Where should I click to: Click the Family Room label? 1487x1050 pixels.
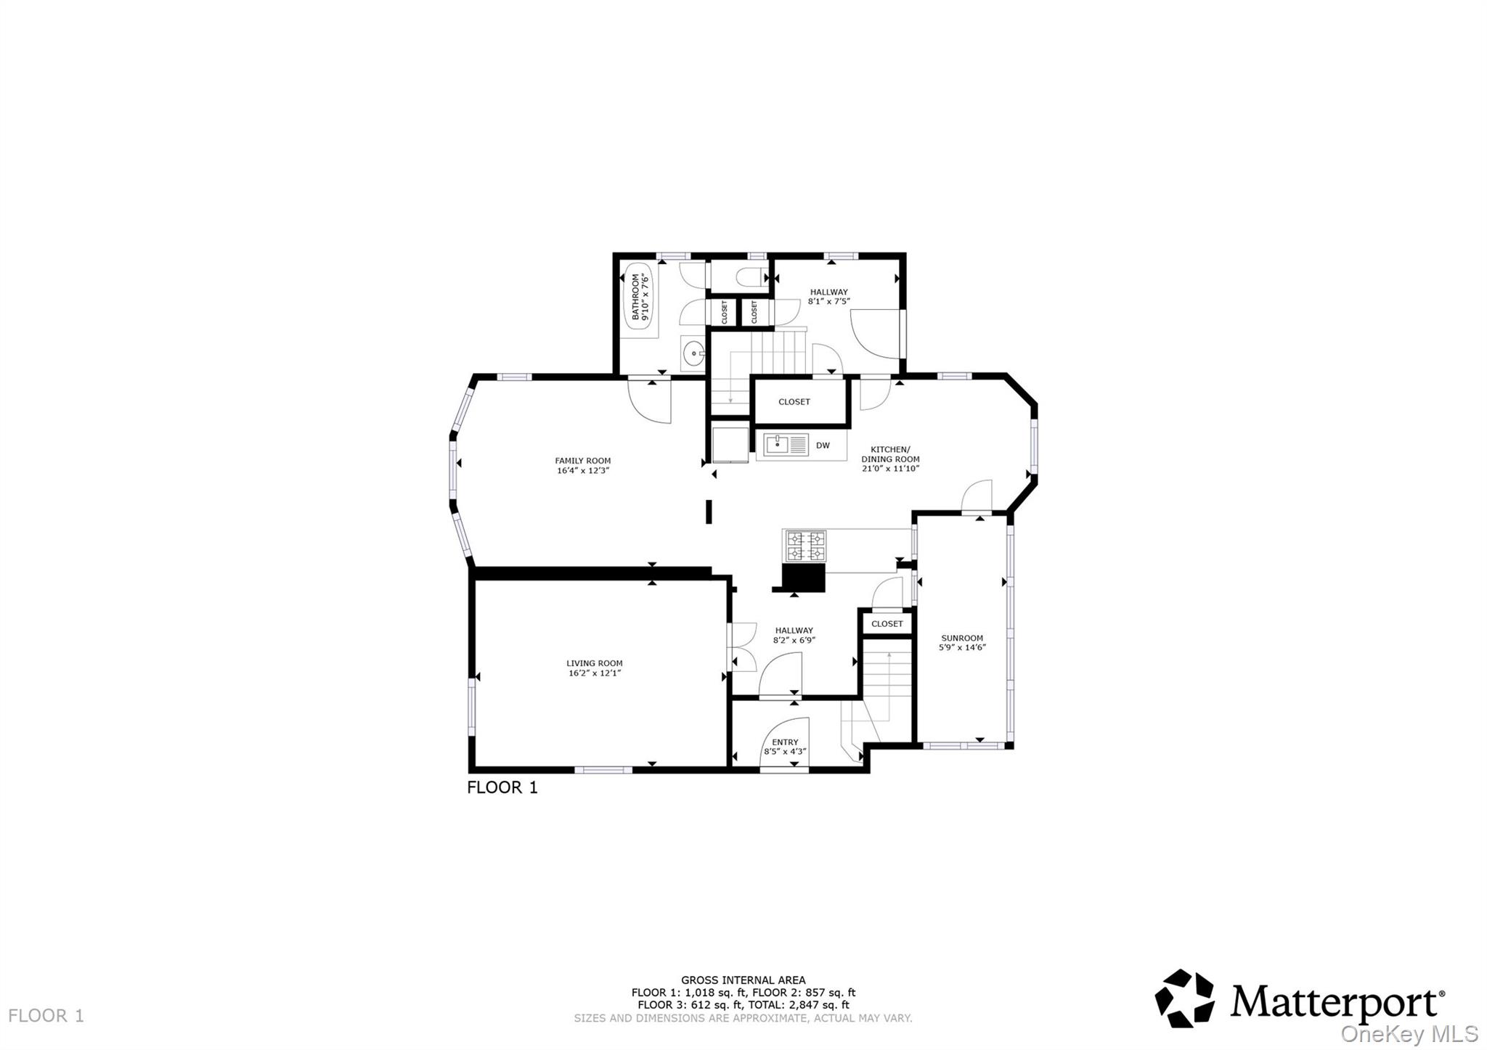[583, 461]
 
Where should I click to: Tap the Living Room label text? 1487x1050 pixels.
[595, 663]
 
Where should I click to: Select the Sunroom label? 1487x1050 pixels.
[962, 639]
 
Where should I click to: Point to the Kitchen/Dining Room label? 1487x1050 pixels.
[890, 454]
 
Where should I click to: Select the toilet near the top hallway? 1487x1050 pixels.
[748, 277]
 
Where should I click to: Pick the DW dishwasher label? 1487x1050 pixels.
[823, 446]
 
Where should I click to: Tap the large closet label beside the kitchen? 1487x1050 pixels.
[794, 402]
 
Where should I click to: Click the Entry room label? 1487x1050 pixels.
[785, 742]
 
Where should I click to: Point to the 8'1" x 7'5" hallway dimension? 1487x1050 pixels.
[828, 301]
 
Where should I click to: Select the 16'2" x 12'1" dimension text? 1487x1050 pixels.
[595, 673]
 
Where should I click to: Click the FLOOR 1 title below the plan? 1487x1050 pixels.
[502, 787]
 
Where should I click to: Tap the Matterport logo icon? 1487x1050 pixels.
[1184, 998]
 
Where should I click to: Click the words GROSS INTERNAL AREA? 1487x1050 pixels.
[743, 980]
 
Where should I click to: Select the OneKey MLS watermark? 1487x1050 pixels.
[1409, 1033]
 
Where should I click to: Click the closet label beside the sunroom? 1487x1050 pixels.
[887, 624]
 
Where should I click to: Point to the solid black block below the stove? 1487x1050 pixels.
[804, 578]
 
